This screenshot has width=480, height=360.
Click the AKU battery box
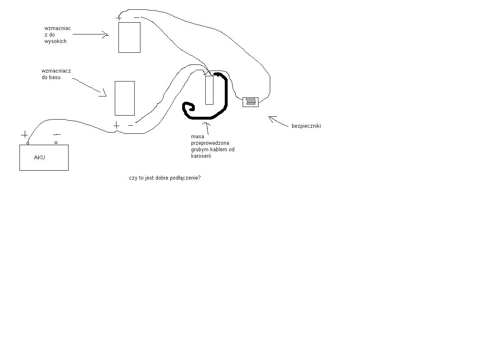[44, 158]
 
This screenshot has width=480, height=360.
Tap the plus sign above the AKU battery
[24, 134]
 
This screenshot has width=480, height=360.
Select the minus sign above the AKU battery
[57, 134]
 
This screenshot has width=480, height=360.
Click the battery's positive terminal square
[28, 143]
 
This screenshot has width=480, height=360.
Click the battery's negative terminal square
[56, 143]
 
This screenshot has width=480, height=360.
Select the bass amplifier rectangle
[125, 98]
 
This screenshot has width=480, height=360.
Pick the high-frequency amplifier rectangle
[129, 37]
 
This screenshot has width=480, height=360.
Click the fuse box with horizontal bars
[250, 102]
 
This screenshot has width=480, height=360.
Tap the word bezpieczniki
[306, 126]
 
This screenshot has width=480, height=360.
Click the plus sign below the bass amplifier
[116, 125]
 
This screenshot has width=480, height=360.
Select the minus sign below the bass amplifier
[131, 125]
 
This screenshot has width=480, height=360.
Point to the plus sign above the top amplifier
[119, 18]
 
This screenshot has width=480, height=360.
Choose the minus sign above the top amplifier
[136, 18]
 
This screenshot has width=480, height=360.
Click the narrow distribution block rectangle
[209, 90]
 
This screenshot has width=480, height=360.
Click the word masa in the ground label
[198, 136]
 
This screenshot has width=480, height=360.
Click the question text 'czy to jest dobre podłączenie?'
[165, 178]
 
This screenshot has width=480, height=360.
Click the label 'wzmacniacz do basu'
[56, 74]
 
